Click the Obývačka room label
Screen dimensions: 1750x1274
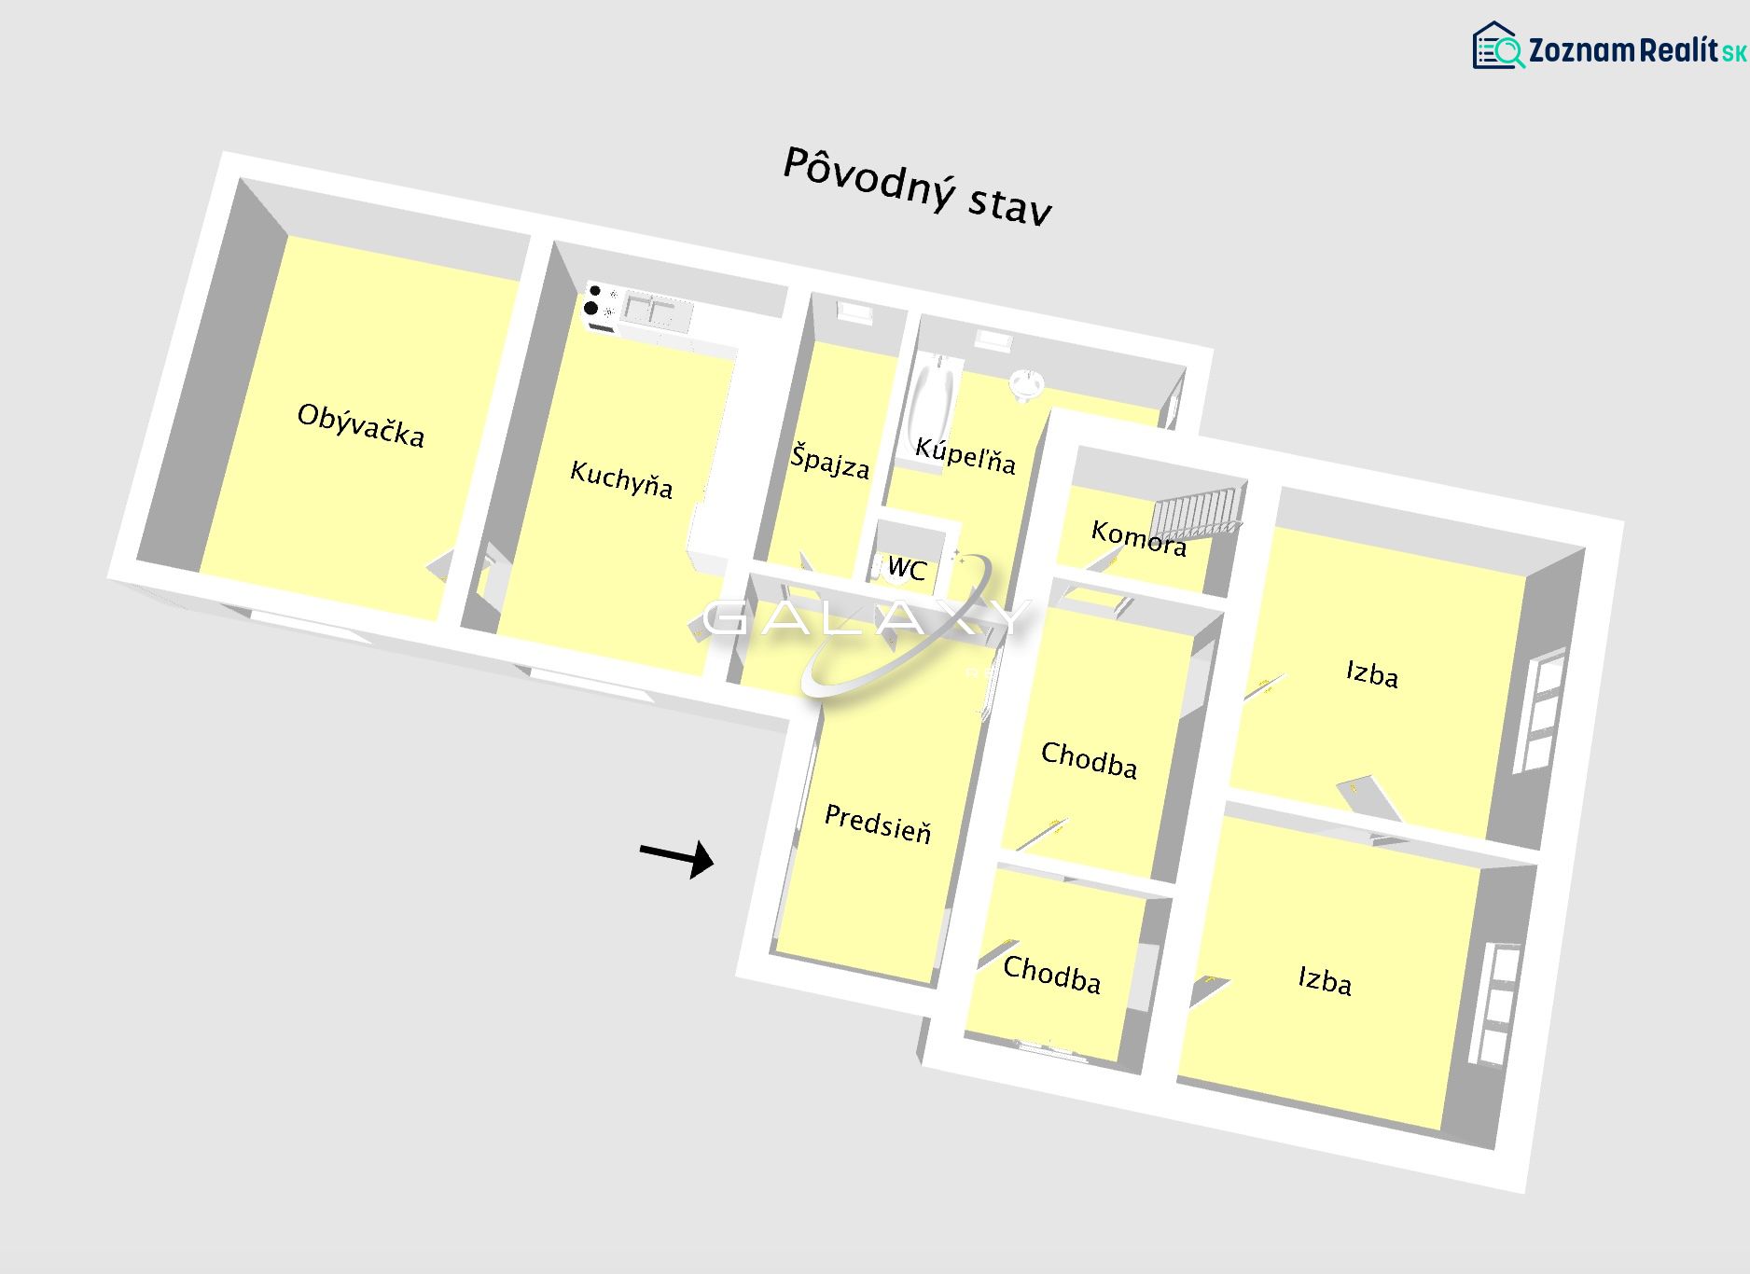pyautogui.click(x=360, y=426)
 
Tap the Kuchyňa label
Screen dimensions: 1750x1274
pyautogui.click(x=621, y=479)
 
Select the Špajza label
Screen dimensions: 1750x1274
pyautogui.click(x=829, y=461)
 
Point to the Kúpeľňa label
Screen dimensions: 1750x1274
pyautogui.click(x=965, y=454)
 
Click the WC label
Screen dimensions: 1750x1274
pyautogui.click(x=907, y=567)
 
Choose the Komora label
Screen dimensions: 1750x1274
pyautogui.click(x=1139, y=538)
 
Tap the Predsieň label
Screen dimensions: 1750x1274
pyautogui.click(x=878, y=824)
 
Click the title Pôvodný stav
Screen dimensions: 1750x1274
pyautogui.click(x=917, y=186)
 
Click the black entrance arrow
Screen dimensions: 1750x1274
pyautogui.click(x=676, y=856)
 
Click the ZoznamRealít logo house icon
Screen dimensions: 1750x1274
pyautogui.click(x=1496, y=46)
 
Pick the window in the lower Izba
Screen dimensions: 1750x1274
pyautogui.click(x=1495, y=1005)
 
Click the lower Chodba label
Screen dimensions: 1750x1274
pyautogui.click(x=1052, y=975)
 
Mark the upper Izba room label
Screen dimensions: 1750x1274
pyautogui.click(x=1372, y=673)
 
